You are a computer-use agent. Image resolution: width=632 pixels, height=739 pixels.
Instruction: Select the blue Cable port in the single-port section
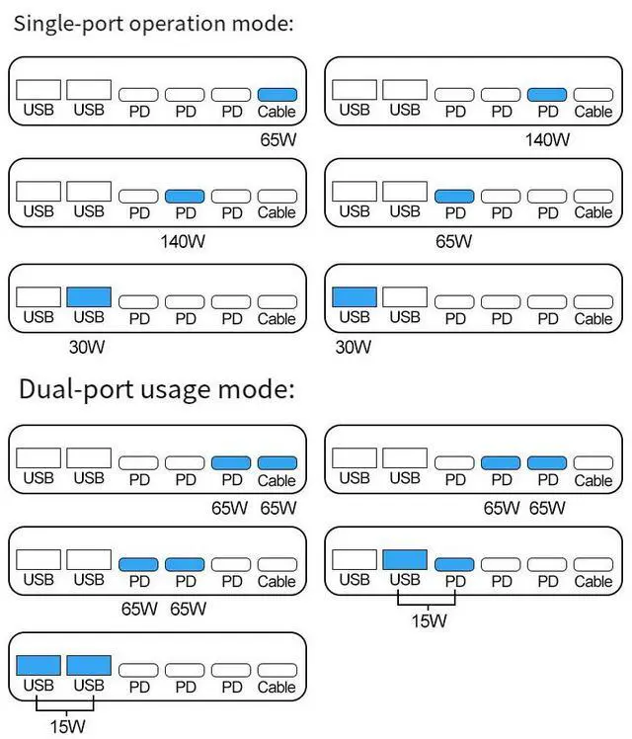(x=277, y=95)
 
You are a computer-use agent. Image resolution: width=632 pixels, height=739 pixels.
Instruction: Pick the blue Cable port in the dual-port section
(x=277, y=462)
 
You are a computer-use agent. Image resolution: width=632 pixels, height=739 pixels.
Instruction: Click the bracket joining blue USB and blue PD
(x=427, y=601)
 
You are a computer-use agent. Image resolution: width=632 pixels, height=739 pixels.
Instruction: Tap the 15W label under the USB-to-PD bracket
(x=429, y=620)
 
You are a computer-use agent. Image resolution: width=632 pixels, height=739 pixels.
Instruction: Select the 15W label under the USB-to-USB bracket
(x=68, y=726)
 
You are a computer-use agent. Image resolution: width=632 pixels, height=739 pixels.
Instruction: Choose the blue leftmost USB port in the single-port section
(x=355, y=297)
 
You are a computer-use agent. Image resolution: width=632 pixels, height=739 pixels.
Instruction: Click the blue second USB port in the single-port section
(x=89, y=297)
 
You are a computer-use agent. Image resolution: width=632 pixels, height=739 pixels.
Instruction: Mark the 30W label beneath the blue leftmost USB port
(x=354, y=348)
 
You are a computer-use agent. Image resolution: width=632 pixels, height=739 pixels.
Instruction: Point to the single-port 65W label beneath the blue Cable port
(x=278, y=139)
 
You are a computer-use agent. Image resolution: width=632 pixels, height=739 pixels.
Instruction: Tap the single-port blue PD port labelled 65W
(x=454, y=197)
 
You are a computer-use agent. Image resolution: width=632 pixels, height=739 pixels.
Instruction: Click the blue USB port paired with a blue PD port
(x=405, y=559)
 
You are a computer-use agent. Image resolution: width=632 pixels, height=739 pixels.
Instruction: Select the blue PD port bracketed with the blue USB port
(x=454, y=564)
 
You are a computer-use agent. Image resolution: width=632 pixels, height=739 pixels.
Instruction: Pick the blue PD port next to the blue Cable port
(x=231, y=462)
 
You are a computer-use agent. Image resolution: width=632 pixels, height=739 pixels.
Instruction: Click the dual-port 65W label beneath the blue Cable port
(x=278, y=508)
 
